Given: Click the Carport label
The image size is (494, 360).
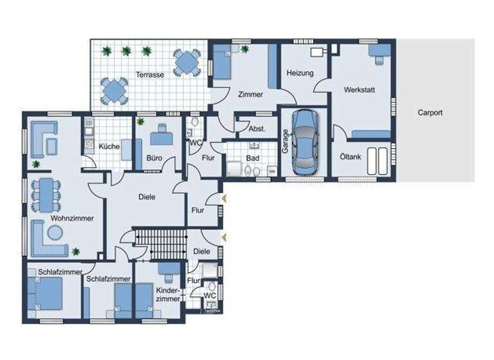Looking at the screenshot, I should click(x=430, y=113).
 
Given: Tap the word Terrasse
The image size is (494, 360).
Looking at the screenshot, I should click(x=149, y=75).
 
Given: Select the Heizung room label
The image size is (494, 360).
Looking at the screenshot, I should click(x=300, y=73).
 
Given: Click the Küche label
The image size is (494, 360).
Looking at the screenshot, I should click(x=109, y=147).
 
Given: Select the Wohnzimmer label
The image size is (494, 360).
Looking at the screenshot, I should click(x=72, y=218).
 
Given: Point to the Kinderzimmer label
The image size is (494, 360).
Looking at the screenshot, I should click(x=168, y=295).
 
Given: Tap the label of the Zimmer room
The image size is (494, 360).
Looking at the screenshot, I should click(x=250, y=94).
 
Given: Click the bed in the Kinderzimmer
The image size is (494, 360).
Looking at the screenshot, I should click(x=142, y=301).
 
